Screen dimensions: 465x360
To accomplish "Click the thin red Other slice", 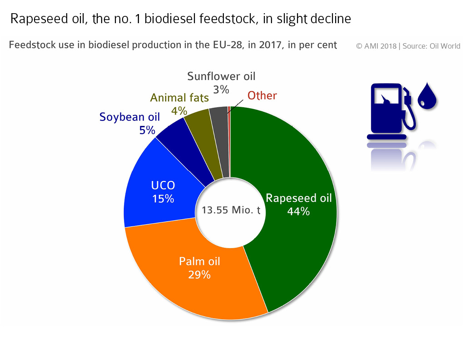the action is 229,140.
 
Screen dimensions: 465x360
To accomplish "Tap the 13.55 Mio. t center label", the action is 231,210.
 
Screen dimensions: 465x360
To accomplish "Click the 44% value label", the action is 298,211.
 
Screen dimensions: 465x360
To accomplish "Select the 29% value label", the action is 199,275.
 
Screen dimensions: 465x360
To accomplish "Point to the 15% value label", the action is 163,199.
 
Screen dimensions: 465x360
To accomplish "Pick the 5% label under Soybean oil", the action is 147,130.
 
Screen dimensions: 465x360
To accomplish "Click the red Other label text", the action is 262,95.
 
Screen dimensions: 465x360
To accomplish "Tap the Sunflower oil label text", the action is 221,76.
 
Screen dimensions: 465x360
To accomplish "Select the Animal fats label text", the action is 179,98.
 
